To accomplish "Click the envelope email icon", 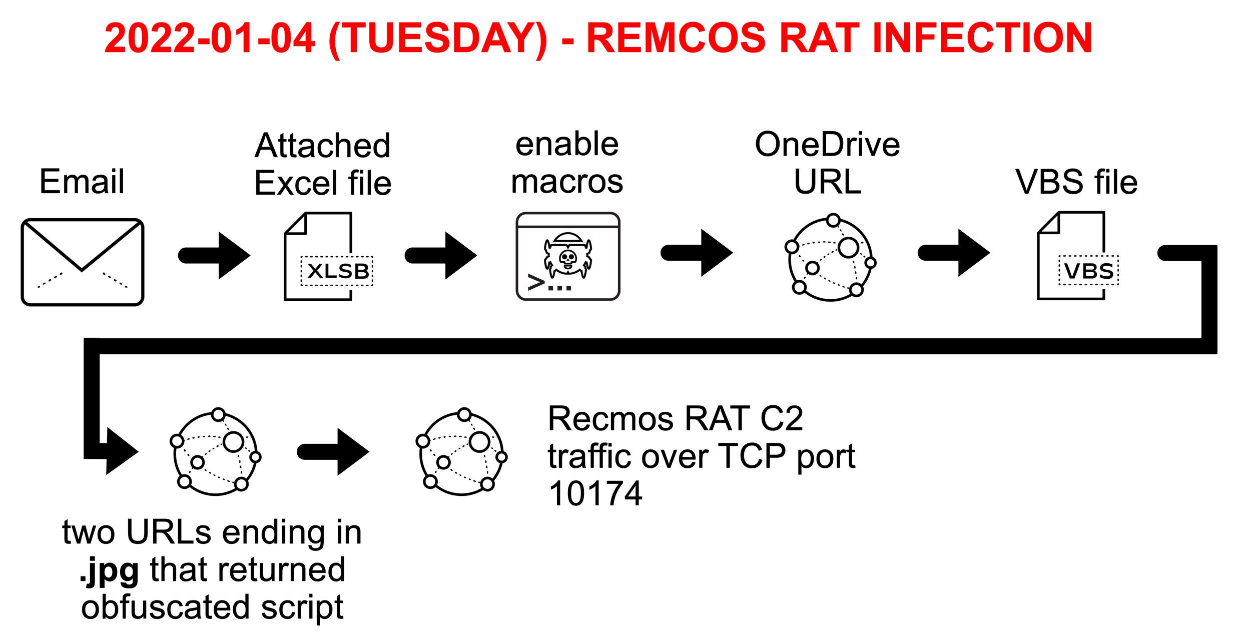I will coord(83,262).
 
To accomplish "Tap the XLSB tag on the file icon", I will coord(337,271).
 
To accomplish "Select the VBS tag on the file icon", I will coord(1088,271).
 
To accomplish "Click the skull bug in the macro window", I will coord(568,256).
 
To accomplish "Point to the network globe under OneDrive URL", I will coord(830,258).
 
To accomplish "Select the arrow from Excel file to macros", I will coord(441,255).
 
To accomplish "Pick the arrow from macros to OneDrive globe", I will coord(697,253).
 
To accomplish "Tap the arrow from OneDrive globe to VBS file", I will coord(954,253).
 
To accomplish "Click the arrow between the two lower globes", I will coord(333,452).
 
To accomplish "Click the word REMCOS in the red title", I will coord(676,38).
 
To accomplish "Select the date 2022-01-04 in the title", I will coord(210,38).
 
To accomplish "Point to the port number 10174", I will coord(595,494).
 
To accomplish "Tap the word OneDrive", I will coord(827,145).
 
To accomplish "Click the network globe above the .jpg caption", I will coord(216,453).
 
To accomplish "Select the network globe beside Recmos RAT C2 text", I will coord(461,453).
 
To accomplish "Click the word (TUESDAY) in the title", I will coord(438,39).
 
